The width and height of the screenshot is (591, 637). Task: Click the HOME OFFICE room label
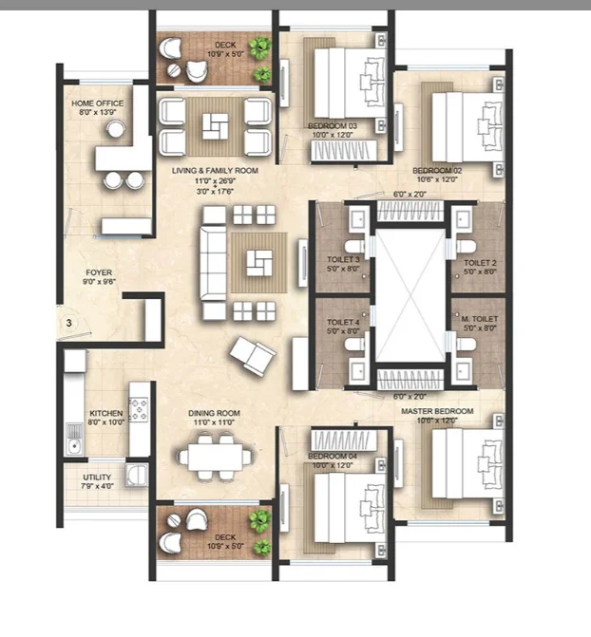[97, 103]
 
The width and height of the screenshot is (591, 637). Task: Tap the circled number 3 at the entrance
[68, 323]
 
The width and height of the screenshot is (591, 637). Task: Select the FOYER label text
[99, 272]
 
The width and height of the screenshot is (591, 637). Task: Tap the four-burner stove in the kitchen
[139, 409]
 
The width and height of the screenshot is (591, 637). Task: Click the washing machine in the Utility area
[136, 475]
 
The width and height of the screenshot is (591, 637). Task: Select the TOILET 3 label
[343, 259]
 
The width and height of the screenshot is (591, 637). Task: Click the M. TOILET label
[480, 319]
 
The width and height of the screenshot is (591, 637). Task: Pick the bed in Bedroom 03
[351, 84]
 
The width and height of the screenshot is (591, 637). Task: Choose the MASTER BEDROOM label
[437, 411]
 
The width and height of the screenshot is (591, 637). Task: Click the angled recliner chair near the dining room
[253, 356]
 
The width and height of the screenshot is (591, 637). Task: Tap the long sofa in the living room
[213, 263]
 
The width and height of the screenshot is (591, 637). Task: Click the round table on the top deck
[174, 70]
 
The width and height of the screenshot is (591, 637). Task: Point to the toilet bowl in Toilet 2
[465, 246]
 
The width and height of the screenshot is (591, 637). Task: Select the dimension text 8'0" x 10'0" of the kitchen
[106, 422]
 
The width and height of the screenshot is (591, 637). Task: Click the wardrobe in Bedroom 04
[343, 440]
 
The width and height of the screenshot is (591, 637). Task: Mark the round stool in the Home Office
[116, 129]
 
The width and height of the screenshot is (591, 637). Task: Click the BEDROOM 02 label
[437, 171]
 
